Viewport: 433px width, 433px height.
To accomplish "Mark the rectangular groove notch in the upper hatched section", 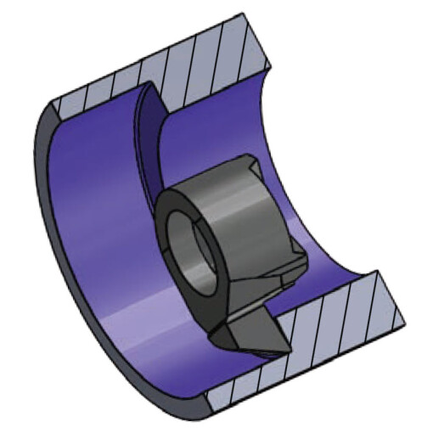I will pyautogui.click(x=153, y=92).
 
